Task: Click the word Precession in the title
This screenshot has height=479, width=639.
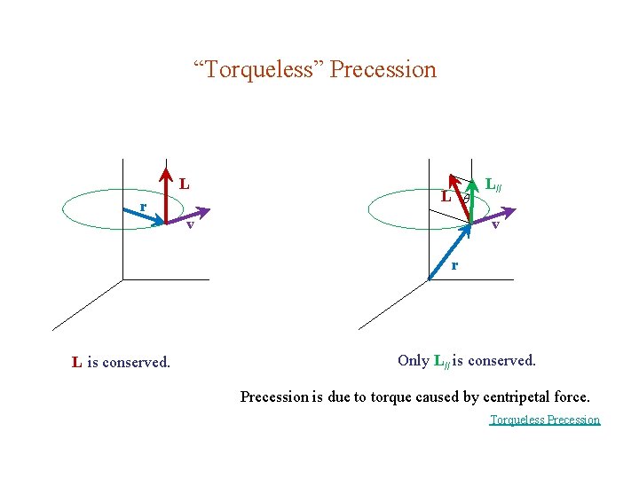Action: point(383,69)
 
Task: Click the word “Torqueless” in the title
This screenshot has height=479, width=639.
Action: point(259,69)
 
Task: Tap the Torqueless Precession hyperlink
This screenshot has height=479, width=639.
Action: point(545,420)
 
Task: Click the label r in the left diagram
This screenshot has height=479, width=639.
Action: point(142,207)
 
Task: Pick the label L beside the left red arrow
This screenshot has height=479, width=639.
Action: point(185,185)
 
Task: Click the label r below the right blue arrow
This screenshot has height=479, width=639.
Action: point(454,264)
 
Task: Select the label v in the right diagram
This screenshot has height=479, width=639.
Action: point(496,224)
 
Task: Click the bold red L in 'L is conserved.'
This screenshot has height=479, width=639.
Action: point(77,362)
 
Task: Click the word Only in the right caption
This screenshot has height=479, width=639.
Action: point(414,360)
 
